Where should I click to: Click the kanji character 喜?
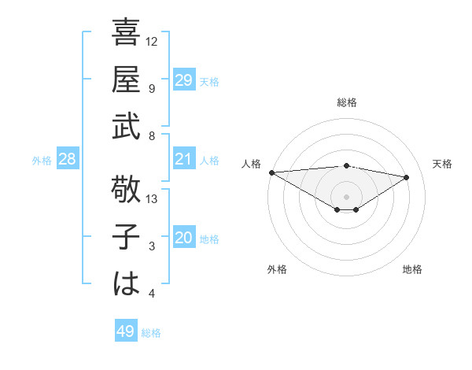tap(127, 35)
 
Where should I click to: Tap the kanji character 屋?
tap(127, 80)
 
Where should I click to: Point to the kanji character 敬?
tap(127, 188)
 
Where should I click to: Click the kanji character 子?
tap(127, 237)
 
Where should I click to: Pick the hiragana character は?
tap(127, 283)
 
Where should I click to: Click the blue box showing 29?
tap(183, 80)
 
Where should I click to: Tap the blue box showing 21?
tap(183, 160)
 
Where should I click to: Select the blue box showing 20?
tap(183, 238)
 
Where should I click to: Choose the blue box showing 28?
tap(68, 160)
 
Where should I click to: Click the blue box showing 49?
tap(126, 331)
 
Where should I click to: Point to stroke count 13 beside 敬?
tap(153, 199)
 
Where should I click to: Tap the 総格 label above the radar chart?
tap(346, 102)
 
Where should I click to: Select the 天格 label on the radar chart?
tap(442, 164)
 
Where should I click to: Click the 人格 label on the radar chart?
tap(252, 164)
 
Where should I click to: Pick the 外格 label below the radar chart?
tap(277, 269)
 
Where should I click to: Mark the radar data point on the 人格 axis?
tap(271, 172)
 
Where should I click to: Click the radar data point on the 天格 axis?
tap(407, 177)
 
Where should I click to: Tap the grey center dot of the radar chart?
tap(346, 196)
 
